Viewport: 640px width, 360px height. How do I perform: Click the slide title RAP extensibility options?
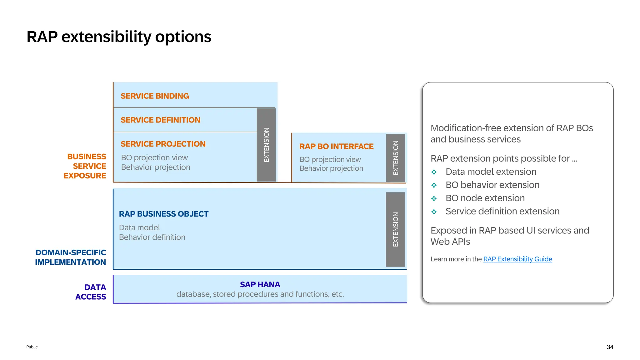[x=119, y=37]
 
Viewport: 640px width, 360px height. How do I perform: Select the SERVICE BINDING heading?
[x=155, y=96]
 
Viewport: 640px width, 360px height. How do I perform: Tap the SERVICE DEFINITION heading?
[x=160, y=120]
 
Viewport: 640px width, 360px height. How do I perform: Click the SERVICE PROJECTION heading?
[x=163, y=144]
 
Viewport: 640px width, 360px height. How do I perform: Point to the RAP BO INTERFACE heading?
[x=336, y=147]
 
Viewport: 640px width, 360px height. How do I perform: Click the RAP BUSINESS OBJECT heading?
[x=163, y=214]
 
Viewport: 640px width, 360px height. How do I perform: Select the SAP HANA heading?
[x=260, y=284]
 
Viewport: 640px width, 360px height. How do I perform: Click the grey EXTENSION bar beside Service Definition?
[x=266, y=145]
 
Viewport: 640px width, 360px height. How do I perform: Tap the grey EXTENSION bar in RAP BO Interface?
[x=395, y=157]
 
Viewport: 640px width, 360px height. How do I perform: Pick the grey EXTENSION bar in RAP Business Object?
[x=395, y=229]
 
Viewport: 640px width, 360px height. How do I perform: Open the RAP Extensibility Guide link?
[x=517, y=259]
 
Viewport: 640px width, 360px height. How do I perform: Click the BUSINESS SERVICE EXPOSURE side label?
[x=85, y=166]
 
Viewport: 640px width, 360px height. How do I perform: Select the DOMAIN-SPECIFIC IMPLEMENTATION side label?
[x=71, y=257]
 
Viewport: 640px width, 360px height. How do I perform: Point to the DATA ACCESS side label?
[x=91, y=292]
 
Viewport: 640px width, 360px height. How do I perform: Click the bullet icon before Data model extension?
[x=434, y=172]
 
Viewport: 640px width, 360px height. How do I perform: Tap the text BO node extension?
[x=485, y=198]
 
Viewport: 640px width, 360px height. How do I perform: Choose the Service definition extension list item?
[x=502, y=211]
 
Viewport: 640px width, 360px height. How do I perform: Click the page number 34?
[x=610, y=347]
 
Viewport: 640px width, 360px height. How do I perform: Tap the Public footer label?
[x=32, y=347]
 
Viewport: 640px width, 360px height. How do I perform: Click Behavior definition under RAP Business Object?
[x=152, y=237]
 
